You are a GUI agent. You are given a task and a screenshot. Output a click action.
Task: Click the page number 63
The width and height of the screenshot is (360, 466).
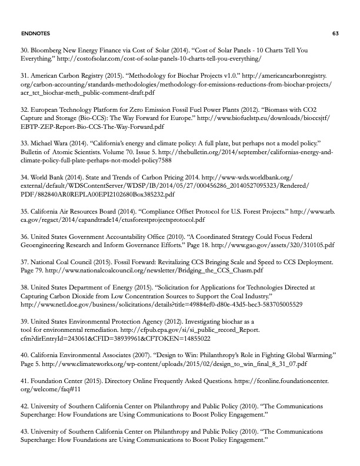click(335, 33)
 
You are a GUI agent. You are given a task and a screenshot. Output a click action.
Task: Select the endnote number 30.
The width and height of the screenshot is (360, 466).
click(25, 51)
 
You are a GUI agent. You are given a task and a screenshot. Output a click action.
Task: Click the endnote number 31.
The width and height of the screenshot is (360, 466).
click(25, 76)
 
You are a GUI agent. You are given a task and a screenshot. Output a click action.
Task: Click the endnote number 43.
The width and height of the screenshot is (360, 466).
click(25, 430)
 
